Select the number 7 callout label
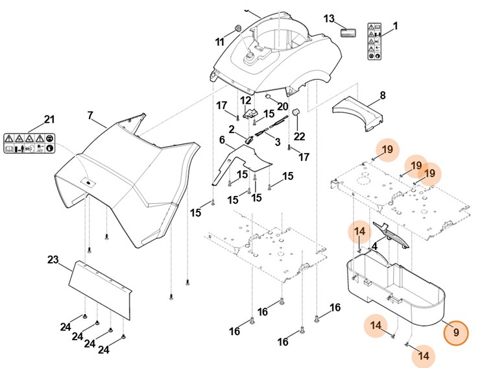[x=91, y=116]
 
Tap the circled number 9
[x=456, y=332]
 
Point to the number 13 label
[x=329, y=18]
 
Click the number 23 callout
[x=53, y=260]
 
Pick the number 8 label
[x=382, y=95]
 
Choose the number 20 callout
[x=282, y=106]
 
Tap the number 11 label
[x=220, y=42]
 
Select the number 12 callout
[x=245, y=100]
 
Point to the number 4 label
[x=374, y=246]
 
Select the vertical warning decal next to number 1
[x=375, y=42]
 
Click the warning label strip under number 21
[x=30, y=143]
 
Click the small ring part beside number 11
[x=237, y=27]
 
